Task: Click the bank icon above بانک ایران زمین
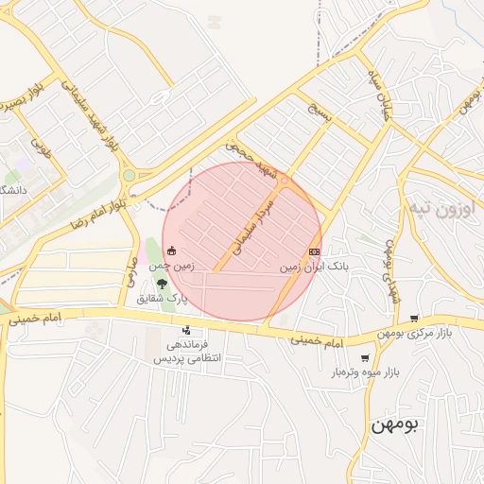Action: pyautogui.click(x=314, y=252)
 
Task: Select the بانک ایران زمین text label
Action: pyautogui.click(x=314, y=268)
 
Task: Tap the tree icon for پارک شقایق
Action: pyautogui.click(x=162, y=283)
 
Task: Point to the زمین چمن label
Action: pyautogui.click(x=172, y=267)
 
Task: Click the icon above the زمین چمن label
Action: pyautogui.click(x=171, y=251)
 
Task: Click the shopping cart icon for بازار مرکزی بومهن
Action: pyautogui.click(x=414, y=319)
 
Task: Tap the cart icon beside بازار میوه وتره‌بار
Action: pyautogui.click(x=365, y=358)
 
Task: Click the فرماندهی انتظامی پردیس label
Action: pyautogui.click(x=186, y=352)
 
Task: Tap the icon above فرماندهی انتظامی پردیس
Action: pyautogui.click(x=186, y=331)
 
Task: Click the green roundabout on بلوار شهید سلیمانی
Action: pyautogui.click(x=129, y=175)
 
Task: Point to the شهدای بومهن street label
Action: pyautogui.click(x=390, y=268)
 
